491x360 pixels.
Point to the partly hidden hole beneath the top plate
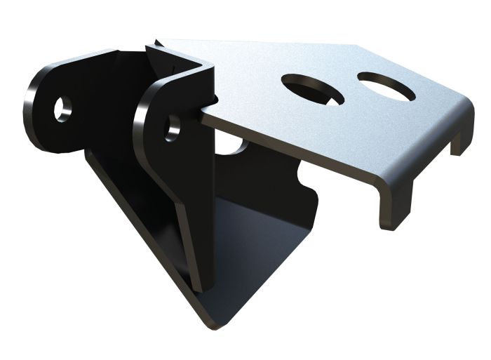[235, 145]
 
